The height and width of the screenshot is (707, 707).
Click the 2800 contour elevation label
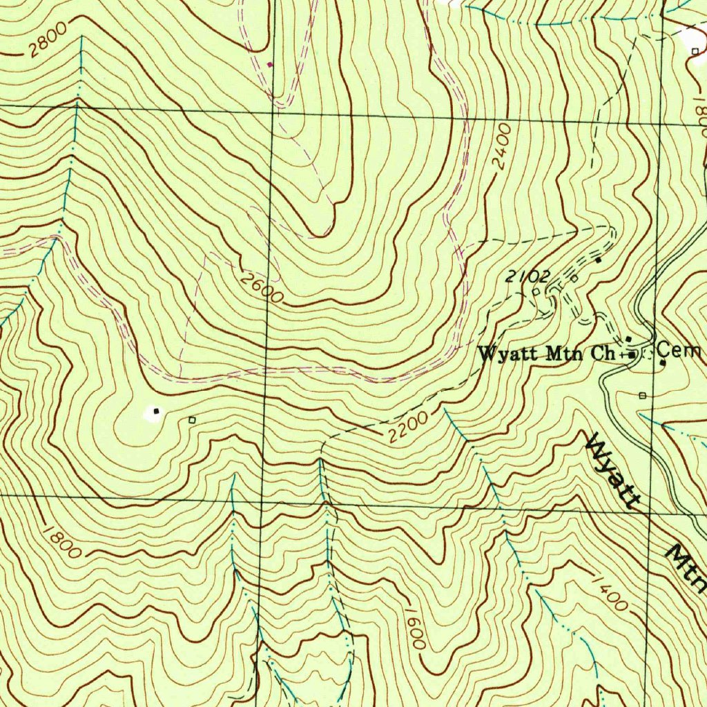pos(48,40)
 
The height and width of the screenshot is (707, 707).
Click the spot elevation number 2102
pos(527,277)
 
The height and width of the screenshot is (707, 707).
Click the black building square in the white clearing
pos(156,411)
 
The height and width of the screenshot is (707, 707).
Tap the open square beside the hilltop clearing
pos(192,419)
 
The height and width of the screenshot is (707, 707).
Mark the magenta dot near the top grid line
pos(270,64)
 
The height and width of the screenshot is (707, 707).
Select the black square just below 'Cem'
pos(663,362)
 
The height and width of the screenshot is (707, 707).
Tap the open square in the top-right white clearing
pos(695,51)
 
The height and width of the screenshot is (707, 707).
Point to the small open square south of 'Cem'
pos(642,395)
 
